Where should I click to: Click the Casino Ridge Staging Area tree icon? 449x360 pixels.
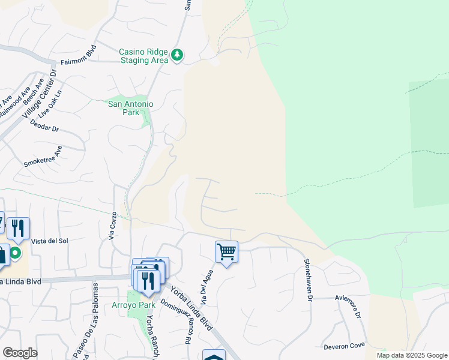click(x=176, y=55)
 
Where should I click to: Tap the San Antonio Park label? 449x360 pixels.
click(x=130, y=108)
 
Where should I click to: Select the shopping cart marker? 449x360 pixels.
click(x=227, y=252)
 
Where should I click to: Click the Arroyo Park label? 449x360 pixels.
click(x=133, y=305)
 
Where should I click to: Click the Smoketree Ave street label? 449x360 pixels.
click(x=43, y=159)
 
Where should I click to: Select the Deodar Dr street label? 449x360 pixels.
click(x=44, y=124)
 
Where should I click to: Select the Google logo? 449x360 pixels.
click(x=19, y=353)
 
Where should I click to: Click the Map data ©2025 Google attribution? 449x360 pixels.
click(x=412, y=355)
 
